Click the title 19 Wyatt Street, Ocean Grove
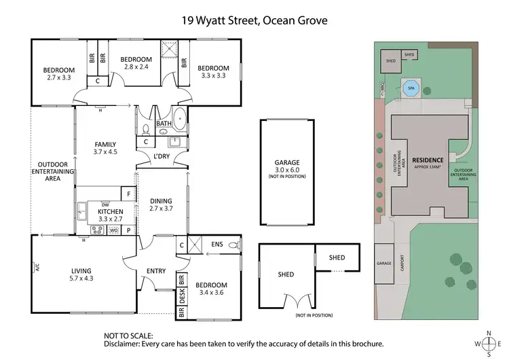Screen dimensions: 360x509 pos(254,20)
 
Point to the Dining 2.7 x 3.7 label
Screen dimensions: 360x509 pos(161,204)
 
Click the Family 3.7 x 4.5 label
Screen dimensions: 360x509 pos(105,148)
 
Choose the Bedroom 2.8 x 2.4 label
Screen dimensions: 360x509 pos(136,63)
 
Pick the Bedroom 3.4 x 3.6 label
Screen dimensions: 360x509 pos(213,289)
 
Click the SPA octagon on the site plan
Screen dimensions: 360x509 pos(410,88)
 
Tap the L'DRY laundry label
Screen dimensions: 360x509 pos(161,156)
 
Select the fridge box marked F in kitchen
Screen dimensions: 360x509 pos(126,193)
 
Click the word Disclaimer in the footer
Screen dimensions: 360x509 pos(125,344)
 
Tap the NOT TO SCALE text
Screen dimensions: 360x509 pos(128,336)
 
